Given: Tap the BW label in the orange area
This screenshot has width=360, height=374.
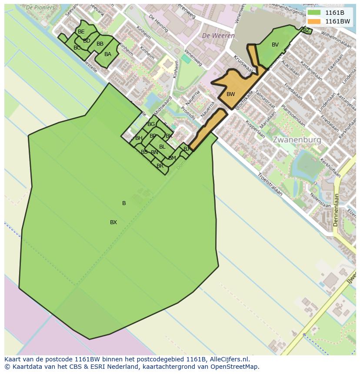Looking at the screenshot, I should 230,94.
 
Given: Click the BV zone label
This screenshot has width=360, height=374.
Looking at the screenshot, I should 275,45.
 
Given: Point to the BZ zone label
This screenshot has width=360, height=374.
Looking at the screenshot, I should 306,30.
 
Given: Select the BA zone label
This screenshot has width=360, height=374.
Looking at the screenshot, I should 108,54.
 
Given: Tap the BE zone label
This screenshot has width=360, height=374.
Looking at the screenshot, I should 81,32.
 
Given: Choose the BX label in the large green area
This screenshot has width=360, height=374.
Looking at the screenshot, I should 113,222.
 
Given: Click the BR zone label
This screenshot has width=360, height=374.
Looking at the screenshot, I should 160,166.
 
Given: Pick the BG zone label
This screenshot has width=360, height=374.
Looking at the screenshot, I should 151,124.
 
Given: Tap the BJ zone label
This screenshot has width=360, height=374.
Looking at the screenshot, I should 186,149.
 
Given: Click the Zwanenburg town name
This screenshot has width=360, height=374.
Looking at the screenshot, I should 297,140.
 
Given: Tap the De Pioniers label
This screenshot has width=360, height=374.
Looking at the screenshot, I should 40,7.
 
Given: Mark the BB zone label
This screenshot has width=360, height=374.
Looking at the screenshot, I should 100,44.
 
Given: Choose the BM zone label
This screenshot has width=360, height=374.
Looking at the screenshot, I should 172,158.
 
